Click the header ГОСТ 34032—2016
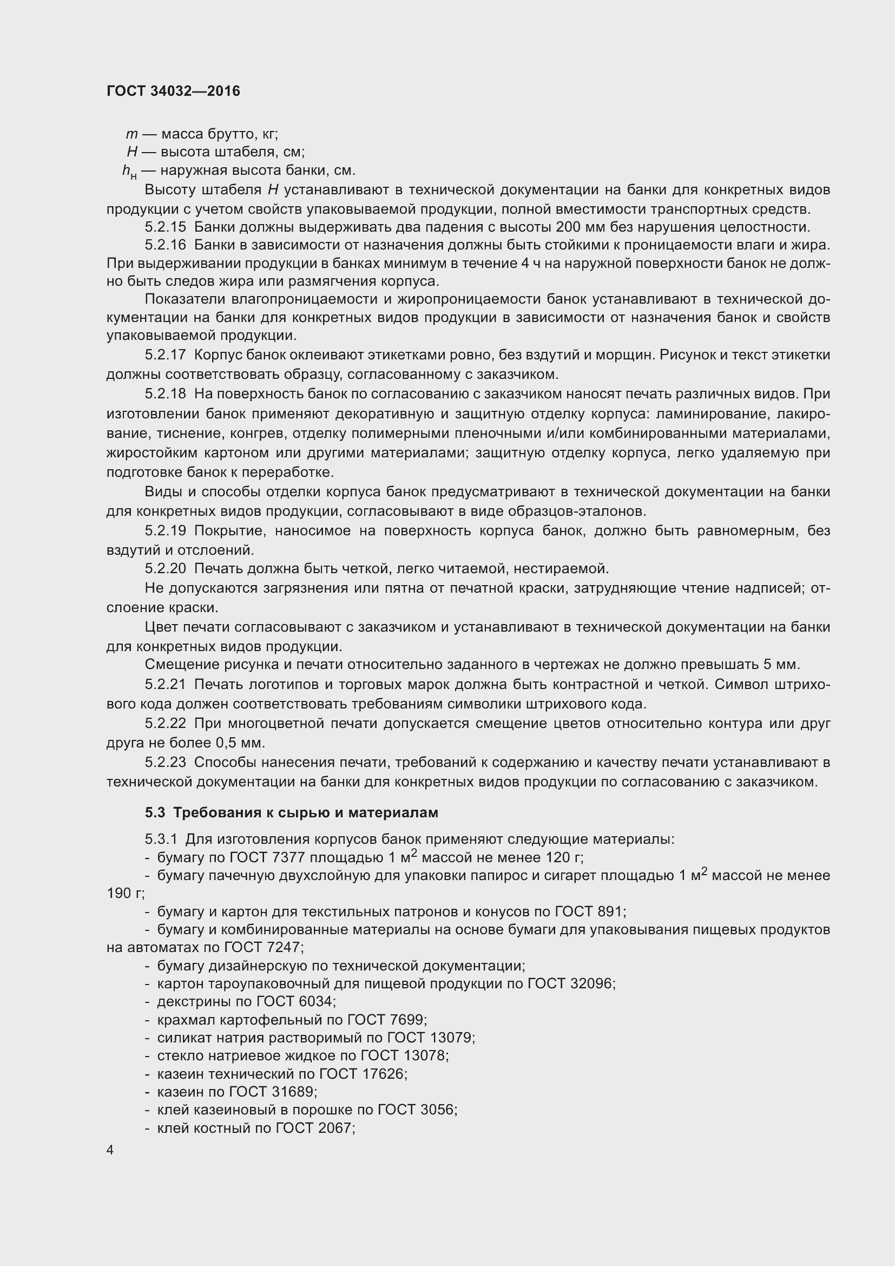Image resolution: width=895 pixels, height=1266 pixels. coord(173,91)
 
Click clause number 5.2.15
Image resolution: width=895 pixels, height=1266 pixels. coord(166,227)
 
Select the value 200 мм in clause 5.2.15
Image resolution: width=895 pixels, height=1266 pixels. coord(578,227)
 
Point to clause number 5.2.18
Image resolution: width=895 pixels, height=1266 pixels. coord(166,394)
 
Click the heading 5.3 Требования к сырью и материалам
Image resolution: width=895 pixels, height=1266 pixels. coord(292,813)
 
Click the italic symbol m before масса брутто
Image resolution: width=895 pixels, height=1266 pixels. coord(131,134)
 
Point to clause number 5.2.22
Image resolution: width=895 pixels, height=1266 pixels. coord(166,723)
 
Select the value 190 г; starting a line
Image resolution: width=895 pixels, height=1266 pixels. coord(125,893)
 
